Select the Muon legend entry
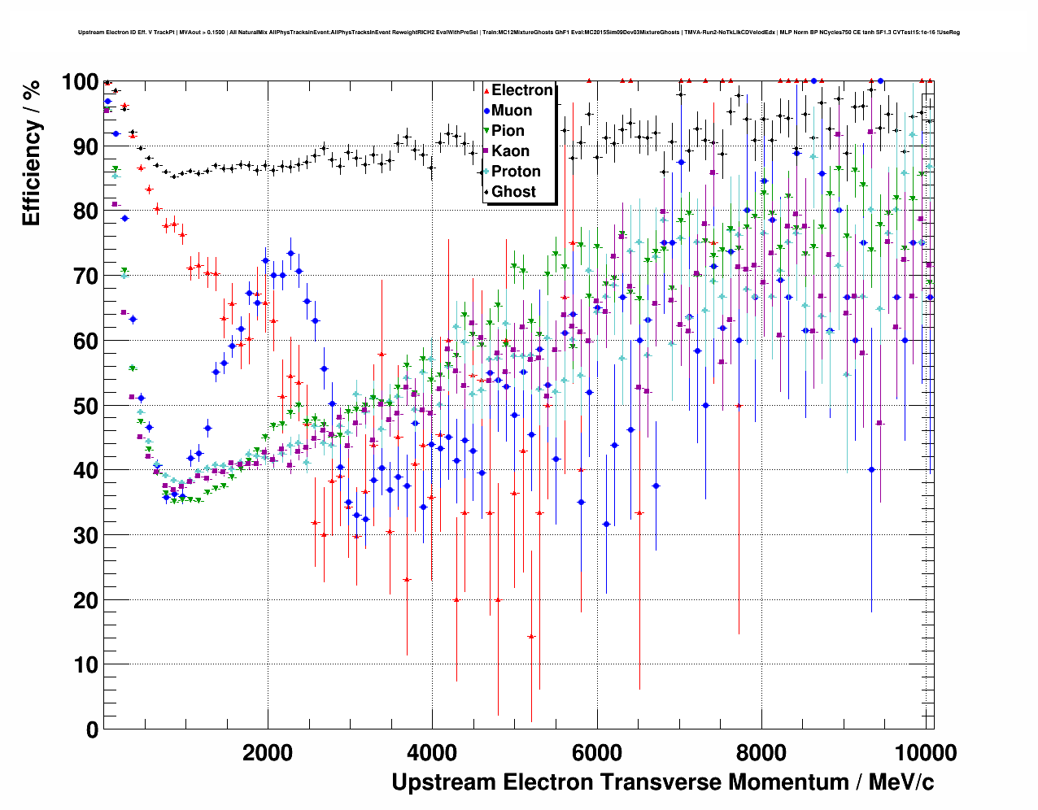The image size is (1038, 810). pyautogui.click(x=512, y=111)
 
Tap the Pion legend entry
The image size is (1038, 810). pyautogui.click(x=508, y=131)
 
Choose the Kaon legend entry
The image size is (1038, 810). pyautogui.click(x=510, y=151)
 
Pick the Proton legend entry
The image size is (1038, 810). pyautogui.click(x=516, y=172)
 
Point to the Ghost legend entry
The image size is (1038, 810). pyautogui.click(x=514, y=192)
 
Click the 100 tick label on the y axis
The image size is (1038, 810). pyautogui.click(x=80, y=82)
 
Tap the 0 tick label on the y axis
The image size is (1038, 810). pyautogui.click(x=90, y=729)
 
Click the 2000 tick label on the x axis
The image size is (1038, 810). pyautogui.click(x=268, y=752)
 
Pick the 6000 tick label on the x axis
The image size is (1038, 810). pyautogui.click(x=597, y=752)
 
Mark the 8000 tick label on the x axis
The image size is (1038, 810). pyautogui.click(x=761, y=752)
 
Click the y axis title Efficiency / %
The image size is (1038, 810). pyautogui.click(x=31, y=152)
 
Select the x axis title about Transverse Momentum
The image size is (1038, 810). pyautogui.click(x=662, y=782)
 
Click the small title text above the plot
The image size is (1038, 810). pyautogui.click(x=519, y=33)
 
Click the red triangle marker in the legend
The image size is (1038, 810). pyautogui.click(x=486, y=90)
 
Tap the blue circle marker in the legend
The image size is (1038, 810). pyautogui.click(x=486, y=111)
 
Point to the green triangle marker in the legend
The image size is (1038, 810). pyautogui.click(x=486, y=131)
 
